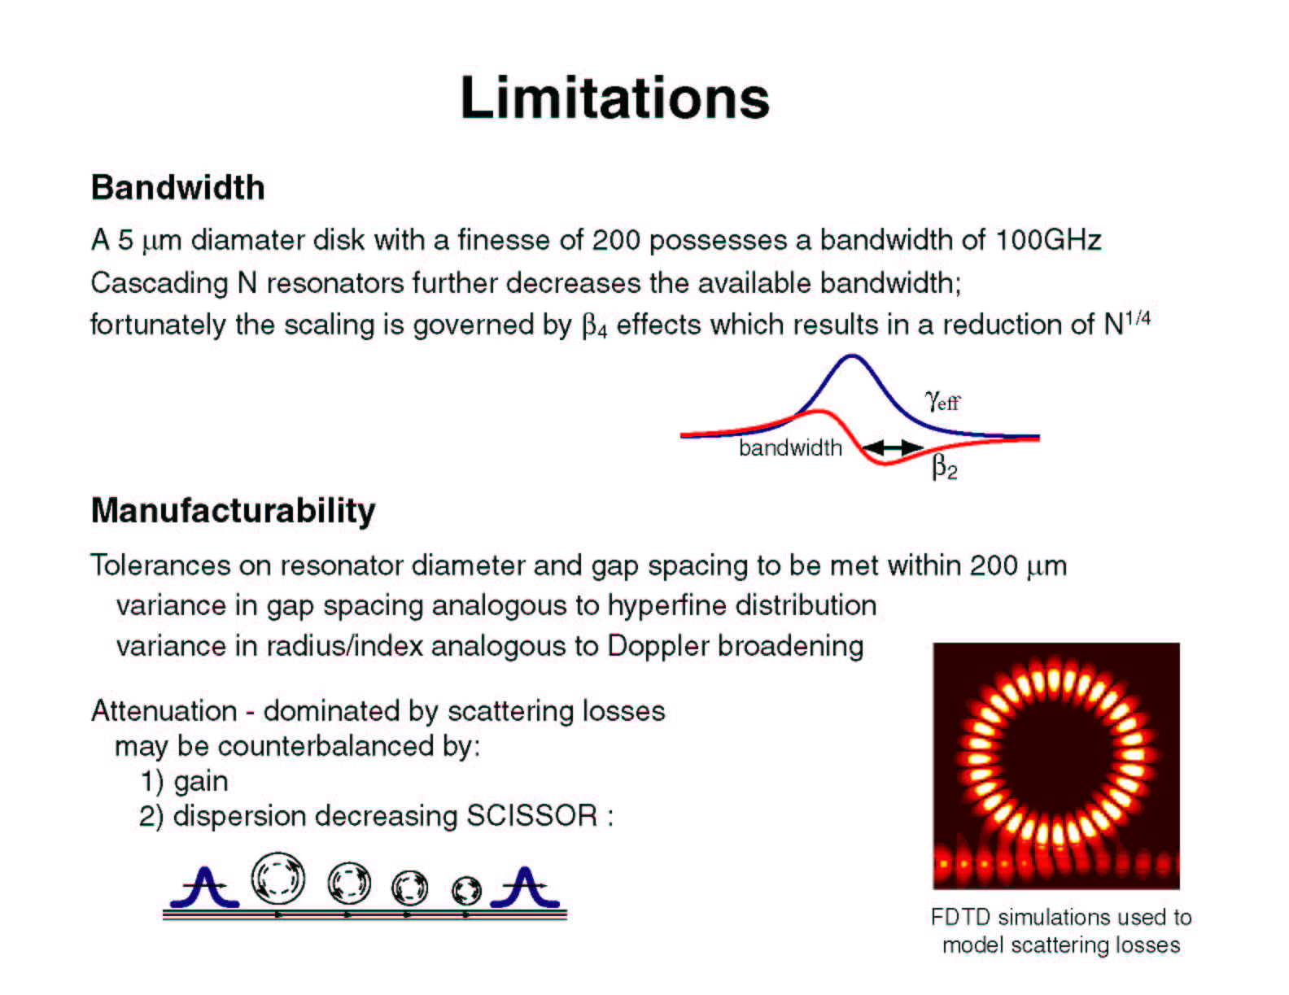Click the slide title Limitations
tap(614, 98)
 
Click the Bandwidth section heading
tap(177, 187)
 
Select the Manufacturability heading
tap(233, 511)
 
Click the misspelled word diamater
tap(247, 239)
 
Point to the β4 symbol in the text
tap(594, 326)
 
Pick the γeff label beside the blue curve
tap(942, 401)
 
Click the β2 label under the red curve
tap(944, 467)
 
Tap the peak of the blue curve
tap(852, 356)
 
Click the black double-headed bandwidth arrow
tap(892, 447)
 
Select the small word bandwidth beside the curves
tap(790, 447)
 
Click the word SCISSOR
tap(531, 815)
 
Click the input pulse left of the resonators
tap(204, 888)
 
